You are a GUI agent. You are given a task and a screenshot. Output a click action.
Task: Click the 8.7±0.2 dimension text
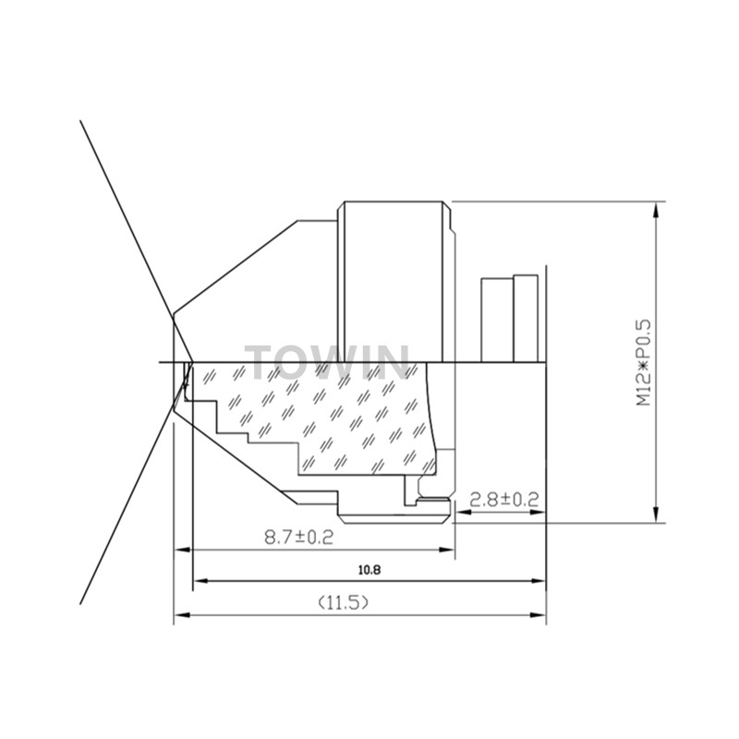[298, 537]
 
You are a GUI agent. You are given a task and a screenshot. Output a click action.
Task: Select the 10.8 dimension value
[369, 570]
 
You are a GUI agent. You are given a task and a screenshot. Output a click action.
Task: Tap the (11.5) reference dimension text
[343, 602]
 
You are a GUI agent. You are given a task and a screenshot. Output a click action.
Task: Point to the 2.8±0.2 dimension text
[504, 499]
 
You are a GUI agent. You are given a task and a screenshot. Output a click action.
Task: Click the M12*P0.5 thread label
[643, 362]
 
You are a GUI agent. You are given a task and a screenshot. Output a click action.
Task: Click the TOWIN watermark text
[327, 362]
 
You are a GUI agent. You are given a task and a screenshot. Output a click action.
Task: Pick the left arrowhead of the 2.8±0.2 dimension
[465, 513]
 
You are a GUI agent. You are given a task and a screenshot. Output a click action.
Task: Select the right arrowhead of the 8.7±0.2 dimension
[446, 550]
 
